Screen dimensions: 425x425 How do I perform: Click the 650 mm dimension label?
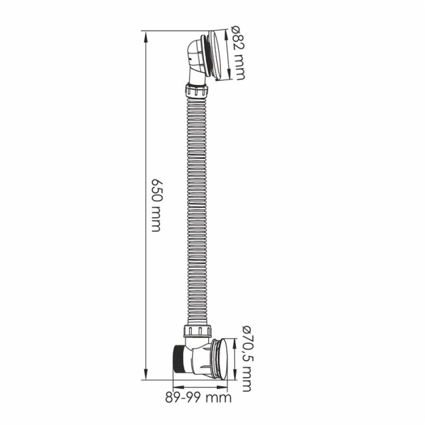(x=157, y=205)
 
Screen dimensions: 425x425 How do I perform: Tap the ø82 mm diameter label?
(x=238, y=53)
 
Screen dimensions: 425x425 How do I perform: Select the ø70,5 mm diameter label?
(x=246, y=358)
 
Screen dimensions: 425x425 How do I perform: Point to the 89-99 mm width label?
(x=198, y=398)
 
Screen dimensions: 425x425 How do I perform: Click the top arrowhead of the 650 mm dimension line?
(x=146, y=36)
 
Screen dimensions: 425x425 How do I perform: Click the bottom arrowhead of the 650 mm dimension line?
(x=146, y=374)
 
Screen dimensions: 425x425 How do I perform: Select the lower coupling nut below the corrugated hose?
(x=197, y=331)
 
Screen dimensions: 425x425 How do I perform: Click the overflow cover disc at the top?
(x=218, y=55)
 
